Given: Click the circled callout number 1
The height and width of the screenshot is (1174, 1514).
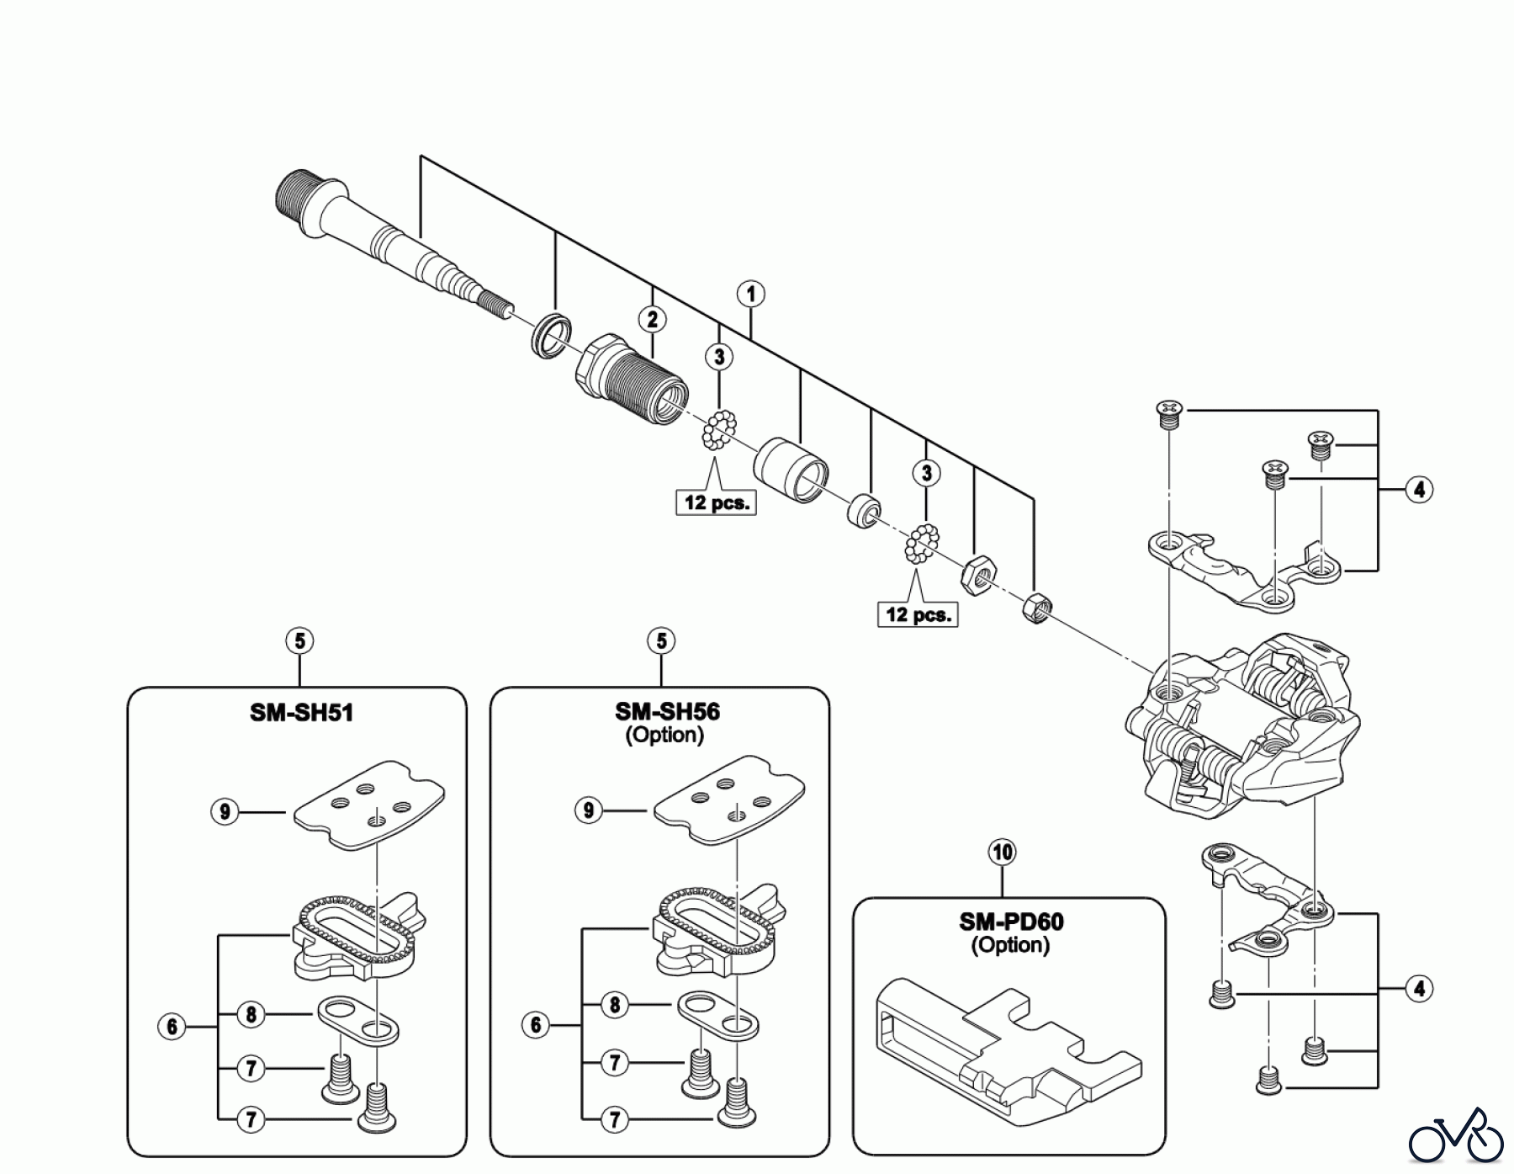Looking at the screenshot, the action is pos(750,295).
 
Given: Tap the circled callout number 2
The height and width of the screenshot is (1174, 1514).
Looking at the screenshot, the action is pos(652,319).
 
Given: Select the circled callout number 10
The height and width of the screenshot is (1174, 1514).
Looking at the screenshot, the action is pos(1003,853).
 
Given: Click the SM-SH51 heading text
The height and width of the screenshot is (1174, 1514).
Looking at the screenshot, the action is pos(301,713).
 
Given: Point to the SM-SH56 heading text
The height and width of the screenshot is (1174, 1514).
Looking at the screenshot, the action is pos(667,712).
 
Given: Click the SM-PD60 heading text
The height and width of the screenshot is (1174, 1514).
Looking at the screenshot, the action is pos(1011,922).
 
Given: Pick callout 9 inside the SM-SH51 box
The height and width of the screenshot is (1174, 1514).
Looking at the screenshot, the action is pos(224,812).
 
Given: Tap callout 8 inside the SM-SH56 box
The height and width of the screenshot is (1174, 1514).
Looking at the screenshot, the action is pos(615,1005).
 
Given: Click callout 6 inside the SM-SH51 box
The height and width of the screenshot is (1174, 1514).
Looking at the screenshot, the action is pos(172,1027).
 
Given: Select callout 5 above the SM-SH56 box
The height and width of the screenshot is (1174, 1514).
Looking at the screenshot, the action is pos(661,641).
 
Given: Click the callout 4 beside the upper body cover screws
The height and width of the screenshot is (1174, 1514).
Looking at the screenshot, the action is pos(1419,490).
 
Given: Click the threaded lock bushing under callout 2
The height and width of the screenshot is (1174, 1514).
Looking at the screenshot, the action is pos(632,377).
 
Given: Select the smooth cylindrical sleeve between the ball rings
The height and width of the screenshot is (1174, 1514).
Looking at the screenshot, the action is pos(791,469).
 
